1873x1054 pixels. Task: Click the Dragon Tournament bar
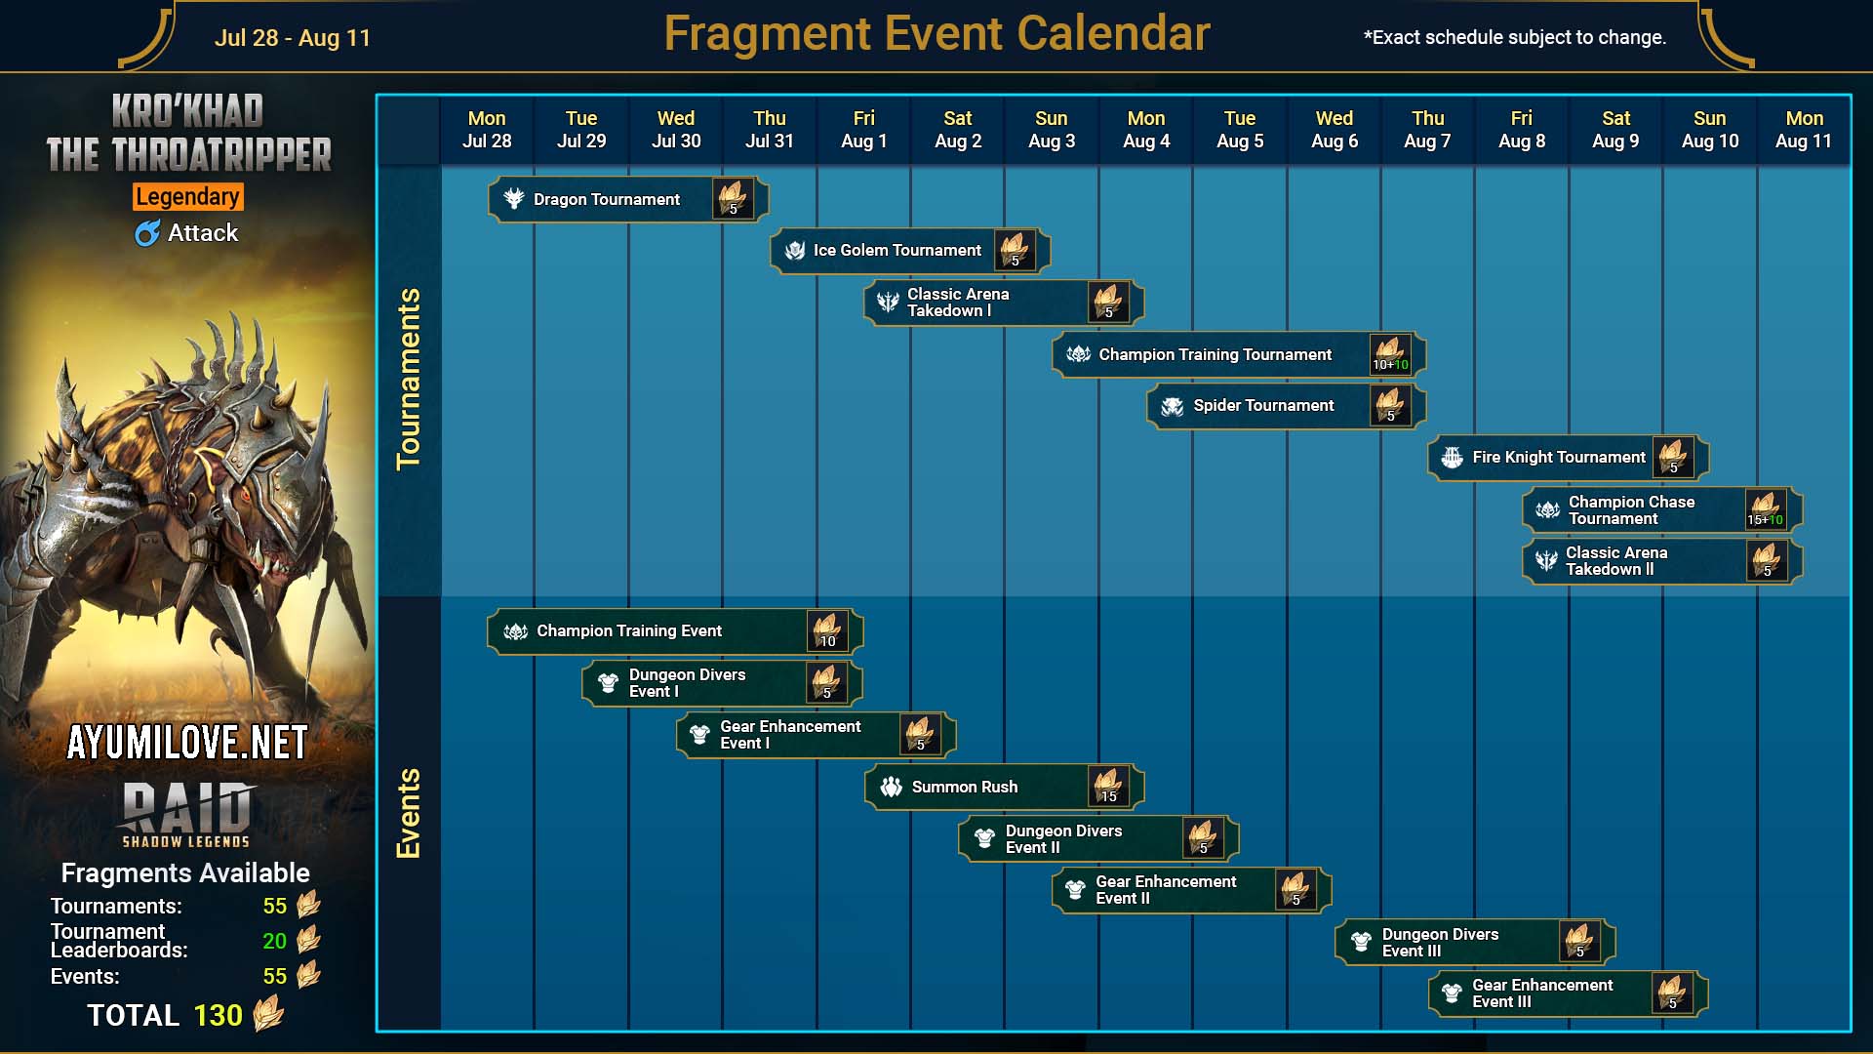pyautogui.click(x=628, y=199)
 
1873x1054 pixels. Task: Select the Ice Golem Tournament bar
pyautogui.click(x=910, y=251)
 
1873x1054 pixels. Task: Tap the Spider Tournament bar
pyautogui.click(x=1287, y=406)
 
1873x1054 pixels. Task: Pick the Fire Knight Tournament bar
pyautogui.click(x=1569, y=458)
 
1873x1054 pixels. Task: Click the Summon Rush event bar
pyautogui.click(x=1004, y=787)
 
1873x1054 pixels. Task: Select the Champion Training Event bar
pyautogui.click(x=675, y=631)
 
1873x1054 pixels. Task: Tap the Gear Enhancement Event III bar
pyautogui.click(x=1569, y=993)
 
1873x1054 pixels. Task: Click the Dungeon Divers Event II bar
pyautogui.click(x=1098, y=839)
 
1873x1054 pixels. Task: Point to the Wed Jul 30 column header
pyautogui.click(x=676, y=130)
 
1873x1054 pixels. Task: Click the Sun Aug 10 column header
pyautogui.click(x=1710, y=130)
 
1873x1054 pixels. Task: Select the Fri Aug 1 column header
pyautogui.click(x=864, y=130)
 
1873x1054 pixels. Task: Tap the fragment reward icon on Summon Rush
pyautogui.click(x=1108, y=787)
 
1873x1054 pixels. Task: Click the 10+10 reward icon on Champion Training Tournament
pyautogui.click(x=1390, y=354)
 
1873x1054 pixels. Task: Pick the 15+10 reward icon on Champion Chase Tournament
pyautogui.click(x=1766, y=509)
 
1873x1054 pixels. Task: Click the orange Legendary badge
pyautogui.click(x=188, y=197)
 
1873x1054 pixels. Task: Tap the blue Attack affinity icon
pyautogui.click(x=147, y=233)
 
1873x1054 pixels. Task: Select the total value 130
pyautogui.click(x=218, y=1016)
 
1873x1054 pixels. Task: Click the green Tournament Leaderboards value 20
pyautogui.click(x=275, y=941)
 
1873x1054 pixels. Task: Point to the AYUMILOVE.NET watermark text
pyautogui.click(x=187, y=744)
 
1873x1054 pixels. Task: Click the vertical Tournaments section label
pyautogui.click(x=408, y=379)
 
